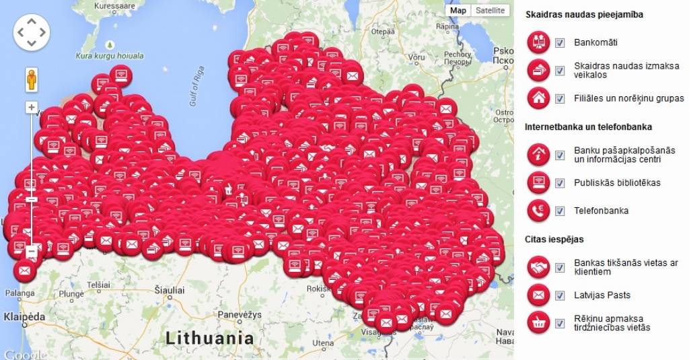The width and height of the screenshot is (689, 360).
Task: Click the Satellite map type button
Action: pyautogui.click(x=489, y=11)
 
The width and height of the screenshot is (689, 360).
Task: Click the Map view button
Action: pyautogui.click(x=458, y=11)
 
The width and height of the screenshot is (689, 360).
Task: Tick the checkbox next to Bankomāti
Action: pyautogui.click(x=560, y=43)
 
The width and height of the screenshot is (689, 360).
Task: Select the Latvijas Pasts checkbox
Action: pyautogui.click(x=560, y=295)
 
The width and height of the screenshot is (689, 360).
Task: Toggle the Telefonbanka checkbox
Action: pyautogui.click(x=560, y=211)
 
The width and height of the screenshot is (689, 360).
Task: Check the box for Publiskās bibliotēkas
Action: pyautogui.click(x=560, y=183)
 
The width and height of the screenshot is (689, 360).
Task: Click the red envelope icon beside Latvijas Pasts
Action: pyautogui.click(x=538, y=295)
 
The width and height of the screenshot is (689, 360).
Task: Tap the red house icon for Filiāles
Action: pyautogui.click(x=538, y=98)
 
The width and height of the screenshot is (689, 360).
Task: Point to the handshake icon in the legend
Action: pyautogui.click(x=538, y=267)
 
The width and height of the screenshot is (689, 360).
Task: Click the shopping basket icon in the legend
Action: pyautogui.click(x=538, y=323)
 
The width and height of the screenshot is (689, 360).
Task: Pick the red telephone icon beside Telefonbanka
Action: pyautogui.click(x=538, y=211)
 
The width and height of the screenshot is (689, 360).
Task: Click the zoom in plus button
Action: pyautogui.click(x=32, y=107)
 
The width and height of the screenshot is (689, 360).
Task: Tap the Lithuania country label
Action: pyautogui.click(x=211, y=337)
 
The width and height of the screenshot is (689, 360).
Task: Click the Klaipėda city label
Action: pyautogui.click(x=24, y=316)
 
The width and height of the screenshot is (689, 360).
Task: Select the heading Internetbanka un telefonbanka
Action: pyautogui.click(x=588, y=127)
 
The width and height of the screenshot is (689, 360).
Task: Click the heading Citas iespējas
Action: pyautogui.click(x=554, y=239)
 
